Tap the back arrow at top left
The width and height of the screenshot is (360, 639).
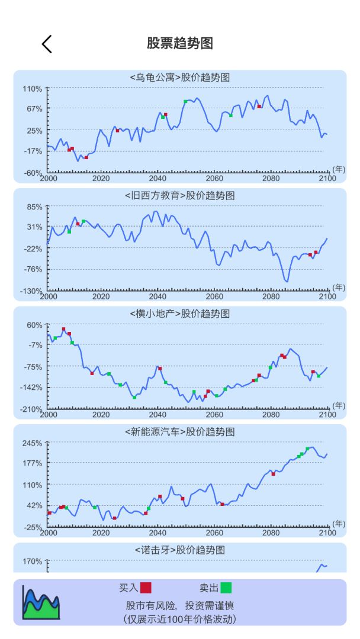[47, 43]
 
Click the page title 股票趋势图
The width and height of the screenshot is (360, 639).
[180, 43]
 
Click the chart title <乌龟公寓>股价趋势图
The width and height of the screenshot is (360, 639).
[180, 78]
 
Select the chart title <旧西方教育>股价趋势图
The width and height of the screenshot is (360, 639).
[180, 195]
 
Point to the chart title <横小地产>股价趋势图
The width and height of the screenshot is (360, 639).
[180, 314]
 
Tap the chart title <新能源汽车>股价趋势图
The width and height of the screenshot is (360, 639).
[180, 432]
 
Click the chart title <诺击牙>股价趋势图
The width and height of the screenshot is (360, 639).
[180, 550]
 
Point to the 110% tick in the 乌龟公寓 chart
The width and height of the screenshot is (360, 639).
[33, 89]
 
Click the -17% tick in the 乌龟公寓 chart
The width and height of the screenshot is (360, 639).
[33, 151]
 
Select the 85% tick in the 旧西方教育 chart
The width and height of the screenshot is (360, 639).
[34, 206]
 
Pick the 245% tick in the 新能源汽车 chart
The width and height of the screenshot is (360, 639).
[33, 443]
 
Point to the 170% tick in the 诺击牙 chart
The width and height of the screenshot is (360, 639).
[33, 561]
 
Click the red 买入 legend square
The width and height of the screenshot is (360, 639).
[146, 588]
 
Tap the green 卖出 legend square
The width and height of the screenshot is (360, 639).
[226, 588]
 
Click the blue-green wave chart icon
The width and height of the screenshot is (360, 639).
[41, 602]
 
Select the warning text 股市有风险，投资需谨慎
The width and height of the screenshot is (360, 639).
[180, 606]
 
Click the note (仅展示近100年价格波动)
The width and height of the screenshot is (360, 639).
[180, 619]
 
